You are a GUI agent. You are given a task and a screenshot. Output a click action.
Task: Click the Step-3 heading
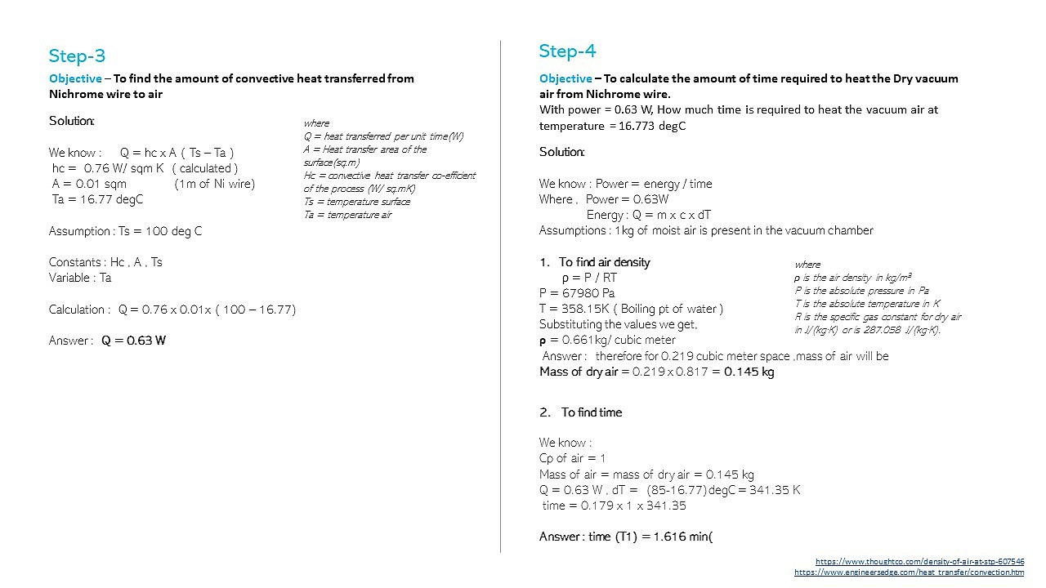click(x=77, y=56)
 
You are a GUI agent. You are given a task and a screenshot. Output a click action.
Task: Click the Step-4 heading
click(x=567, y=51)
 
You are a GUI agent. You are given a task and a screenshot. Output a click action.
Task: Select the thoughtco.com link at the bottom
click(x=919, y=561)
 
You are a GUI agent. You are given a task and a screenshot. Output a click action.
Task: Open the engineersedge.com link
click(x=909, y=572)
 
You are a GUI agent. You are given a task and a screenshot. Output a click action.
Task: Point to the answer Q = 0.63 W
click(x=133, y=341)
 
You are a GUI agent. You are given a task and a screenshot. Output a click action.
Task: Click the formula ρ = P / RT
click(x=589, y=278)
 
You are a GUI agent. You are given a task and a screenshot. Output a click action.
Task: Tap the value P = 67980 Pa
click(x=577, y=293)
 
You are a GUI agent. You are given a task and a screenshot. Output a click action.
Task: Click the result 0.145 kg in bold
click(x=749, y=372)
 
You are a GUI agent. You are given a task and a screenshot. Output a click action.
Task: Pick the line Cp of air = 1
click(x=572, y=458)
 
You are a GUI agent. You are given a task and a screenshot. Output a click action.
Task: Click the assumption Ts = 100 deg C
click(x=125, y=231)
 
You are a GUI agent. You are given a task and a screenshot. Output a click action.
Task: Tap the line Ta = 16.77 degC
click(x=97, y=199)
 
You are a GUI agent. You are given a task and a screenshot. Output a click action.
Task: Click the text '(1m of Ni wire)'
click(x=214, y=184)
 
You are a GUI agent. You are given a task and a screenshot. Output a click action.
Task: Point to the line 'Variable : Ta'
click(x=80, y=278)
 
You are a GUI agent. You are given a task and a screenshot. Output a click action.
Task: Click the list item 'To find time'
click(x=591, y=412)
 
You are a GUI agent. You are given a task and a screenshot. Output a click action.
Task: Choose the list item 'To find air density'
click(x=604, y=262)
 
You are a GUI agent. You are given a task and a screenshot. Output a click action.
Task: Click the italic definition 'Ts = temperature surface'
click(x=356, y=202)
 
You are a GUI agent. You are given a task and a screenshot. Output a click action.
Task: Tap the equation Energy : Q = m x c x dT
click(x=649, y=215)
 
